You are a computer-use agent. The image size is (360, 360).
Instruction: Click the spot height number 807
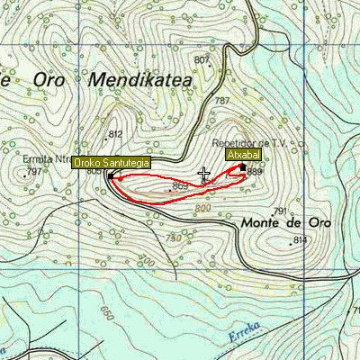[201, 60]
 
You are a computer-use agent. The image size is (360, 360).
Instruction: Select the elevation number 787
[222, 101]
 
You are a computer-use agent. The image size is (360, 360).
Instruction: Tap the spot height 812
[115, 134]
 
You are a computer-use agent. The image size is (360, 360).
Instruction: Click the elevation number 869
[180, 185]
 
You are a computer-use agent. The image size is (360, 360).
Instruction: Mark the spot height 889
[255, 171]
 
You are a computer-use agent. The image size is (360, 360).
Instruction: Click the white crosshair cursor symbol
[204, 175]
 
